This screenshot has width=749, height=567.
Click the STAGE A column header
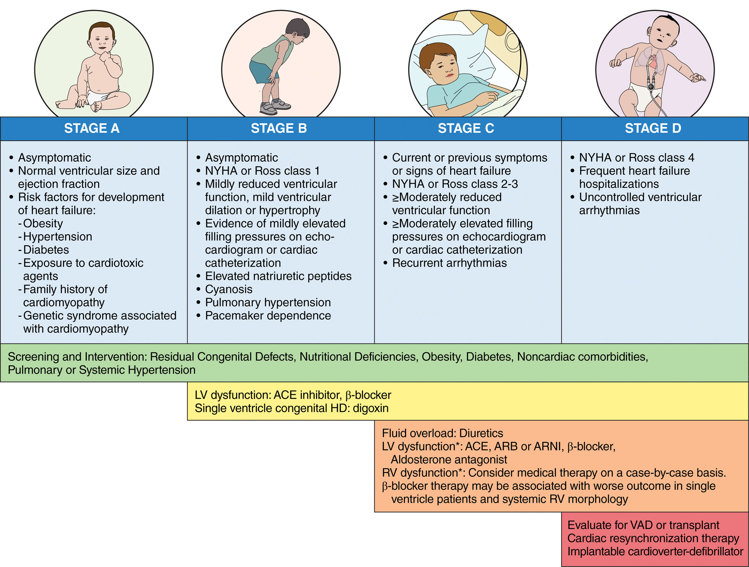point(92,128)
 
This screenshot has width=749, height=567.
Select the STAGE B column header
point(279,128)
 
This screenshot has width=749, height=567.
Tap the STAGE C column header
point(466,128)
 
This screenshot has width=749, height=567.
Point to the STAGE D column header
point(653,128)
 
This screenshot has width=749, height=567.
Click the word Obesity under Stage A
point(43,223)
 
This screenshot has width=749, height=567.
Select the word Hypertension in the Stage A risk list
point(57,237)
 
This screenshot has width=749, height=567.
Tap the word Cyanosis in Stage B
point(228,289)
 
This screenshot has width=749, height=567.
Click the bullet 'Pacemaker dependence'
point(268,316)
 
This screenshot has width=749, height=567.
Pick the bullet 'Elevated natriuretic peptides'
point(278,276)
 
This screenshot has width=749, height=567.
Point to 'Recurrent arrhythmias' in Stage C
point(449,263)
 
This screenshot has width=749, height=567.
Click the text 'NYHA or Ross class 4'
point(637,158)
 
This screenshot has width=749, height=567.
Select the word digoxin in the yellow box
point(370,408)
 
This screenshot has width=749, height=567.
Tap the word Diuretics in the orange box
point(481,433)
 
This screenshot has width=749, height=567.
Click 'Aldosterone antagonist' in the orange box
point(449,460)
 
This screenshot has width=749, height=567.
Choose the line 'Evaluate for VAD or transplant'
point(643,525)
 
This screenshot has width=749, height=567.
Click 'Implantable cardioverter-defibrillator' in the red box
point(655,551)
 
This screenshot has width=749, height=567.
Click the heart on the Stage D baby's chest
point(652,63)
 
